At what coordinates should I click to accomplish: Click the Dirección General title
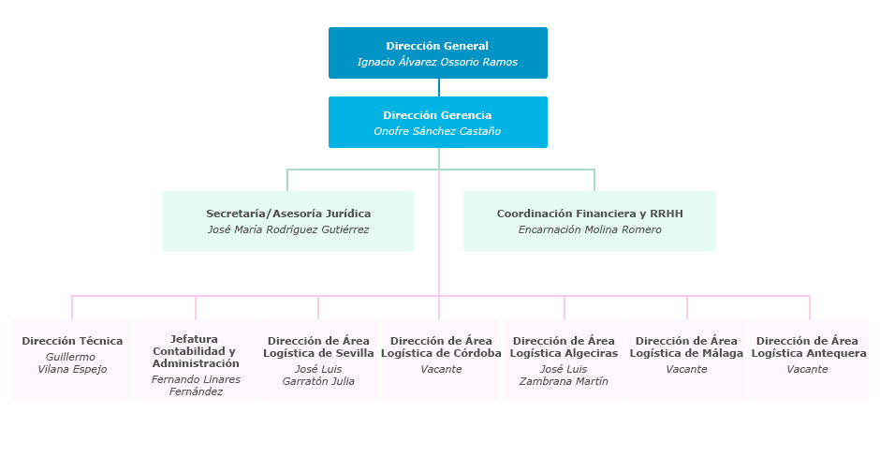(437, 46)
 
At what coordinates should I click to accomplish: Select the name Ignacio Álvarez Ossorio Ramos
(437, 62)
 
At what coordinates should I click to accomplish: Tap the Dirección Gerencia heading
(437, 115)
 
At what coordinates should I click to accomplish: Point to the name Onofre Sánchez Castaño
(437, 131)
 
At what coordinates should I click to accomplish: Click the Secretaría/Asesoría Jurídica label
(288, 214)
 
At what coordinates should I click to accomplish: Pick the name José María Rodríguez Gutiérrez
(288, 229)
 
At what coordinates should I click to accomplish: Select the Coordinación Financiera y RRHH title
(590, 214)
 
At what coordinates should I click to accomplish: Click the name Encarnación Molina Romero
(590, 229)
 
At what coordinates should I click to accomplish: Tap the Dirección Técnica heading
(72, 341)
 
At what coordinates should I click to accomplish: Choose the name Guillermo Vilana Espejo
(72, 362)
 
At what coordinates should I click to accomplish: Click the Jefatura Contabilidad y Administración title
(196, 351)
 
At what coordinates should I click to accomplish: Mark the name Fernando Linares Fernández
(196, 385)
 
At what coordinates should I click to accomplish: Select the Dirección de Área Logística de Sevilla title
(318, 347)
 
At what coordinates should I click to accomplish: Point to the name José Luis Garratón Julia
(318, 375)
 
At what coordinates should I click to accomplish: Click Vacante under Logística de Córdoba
(441, 369)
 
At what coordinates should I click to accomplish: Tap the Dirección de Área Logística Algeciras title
(564, 347)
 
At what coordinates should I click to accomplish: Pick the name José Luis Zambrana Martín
(564, 375)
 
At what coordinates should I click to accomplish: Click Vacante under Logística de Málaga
(686, 369)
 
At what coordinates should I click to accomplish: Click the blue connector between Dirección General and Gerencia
(438, 87)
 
